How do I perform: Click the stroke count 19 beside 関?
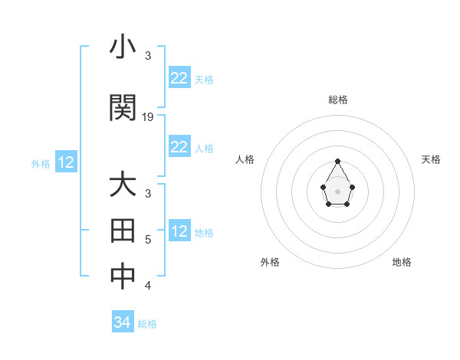(149, 117)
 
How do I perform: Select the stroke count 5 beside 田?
(148, 240)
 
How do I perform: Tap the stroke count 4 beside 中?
(148, 286)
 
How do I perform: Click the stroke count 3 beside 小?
(148, 56)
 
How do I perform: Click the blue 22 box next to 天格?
(179, 78)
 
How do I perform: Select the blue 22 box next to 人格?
(179, 147)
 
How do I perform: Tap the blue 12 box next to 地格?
(179, 231)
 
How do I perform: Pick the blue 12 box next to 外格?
(65, 162)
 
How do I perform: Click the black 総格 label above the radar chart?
(338, 100)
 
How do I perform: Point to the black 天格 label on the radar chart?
(431, 159)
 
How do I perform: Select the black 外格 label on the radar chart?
(270, 262)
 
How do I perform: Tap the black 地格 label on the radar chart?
(402, 262)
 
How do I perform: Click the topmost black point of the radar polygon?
(338, 161)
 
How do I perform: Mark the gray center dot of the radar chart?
(338, 191)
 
